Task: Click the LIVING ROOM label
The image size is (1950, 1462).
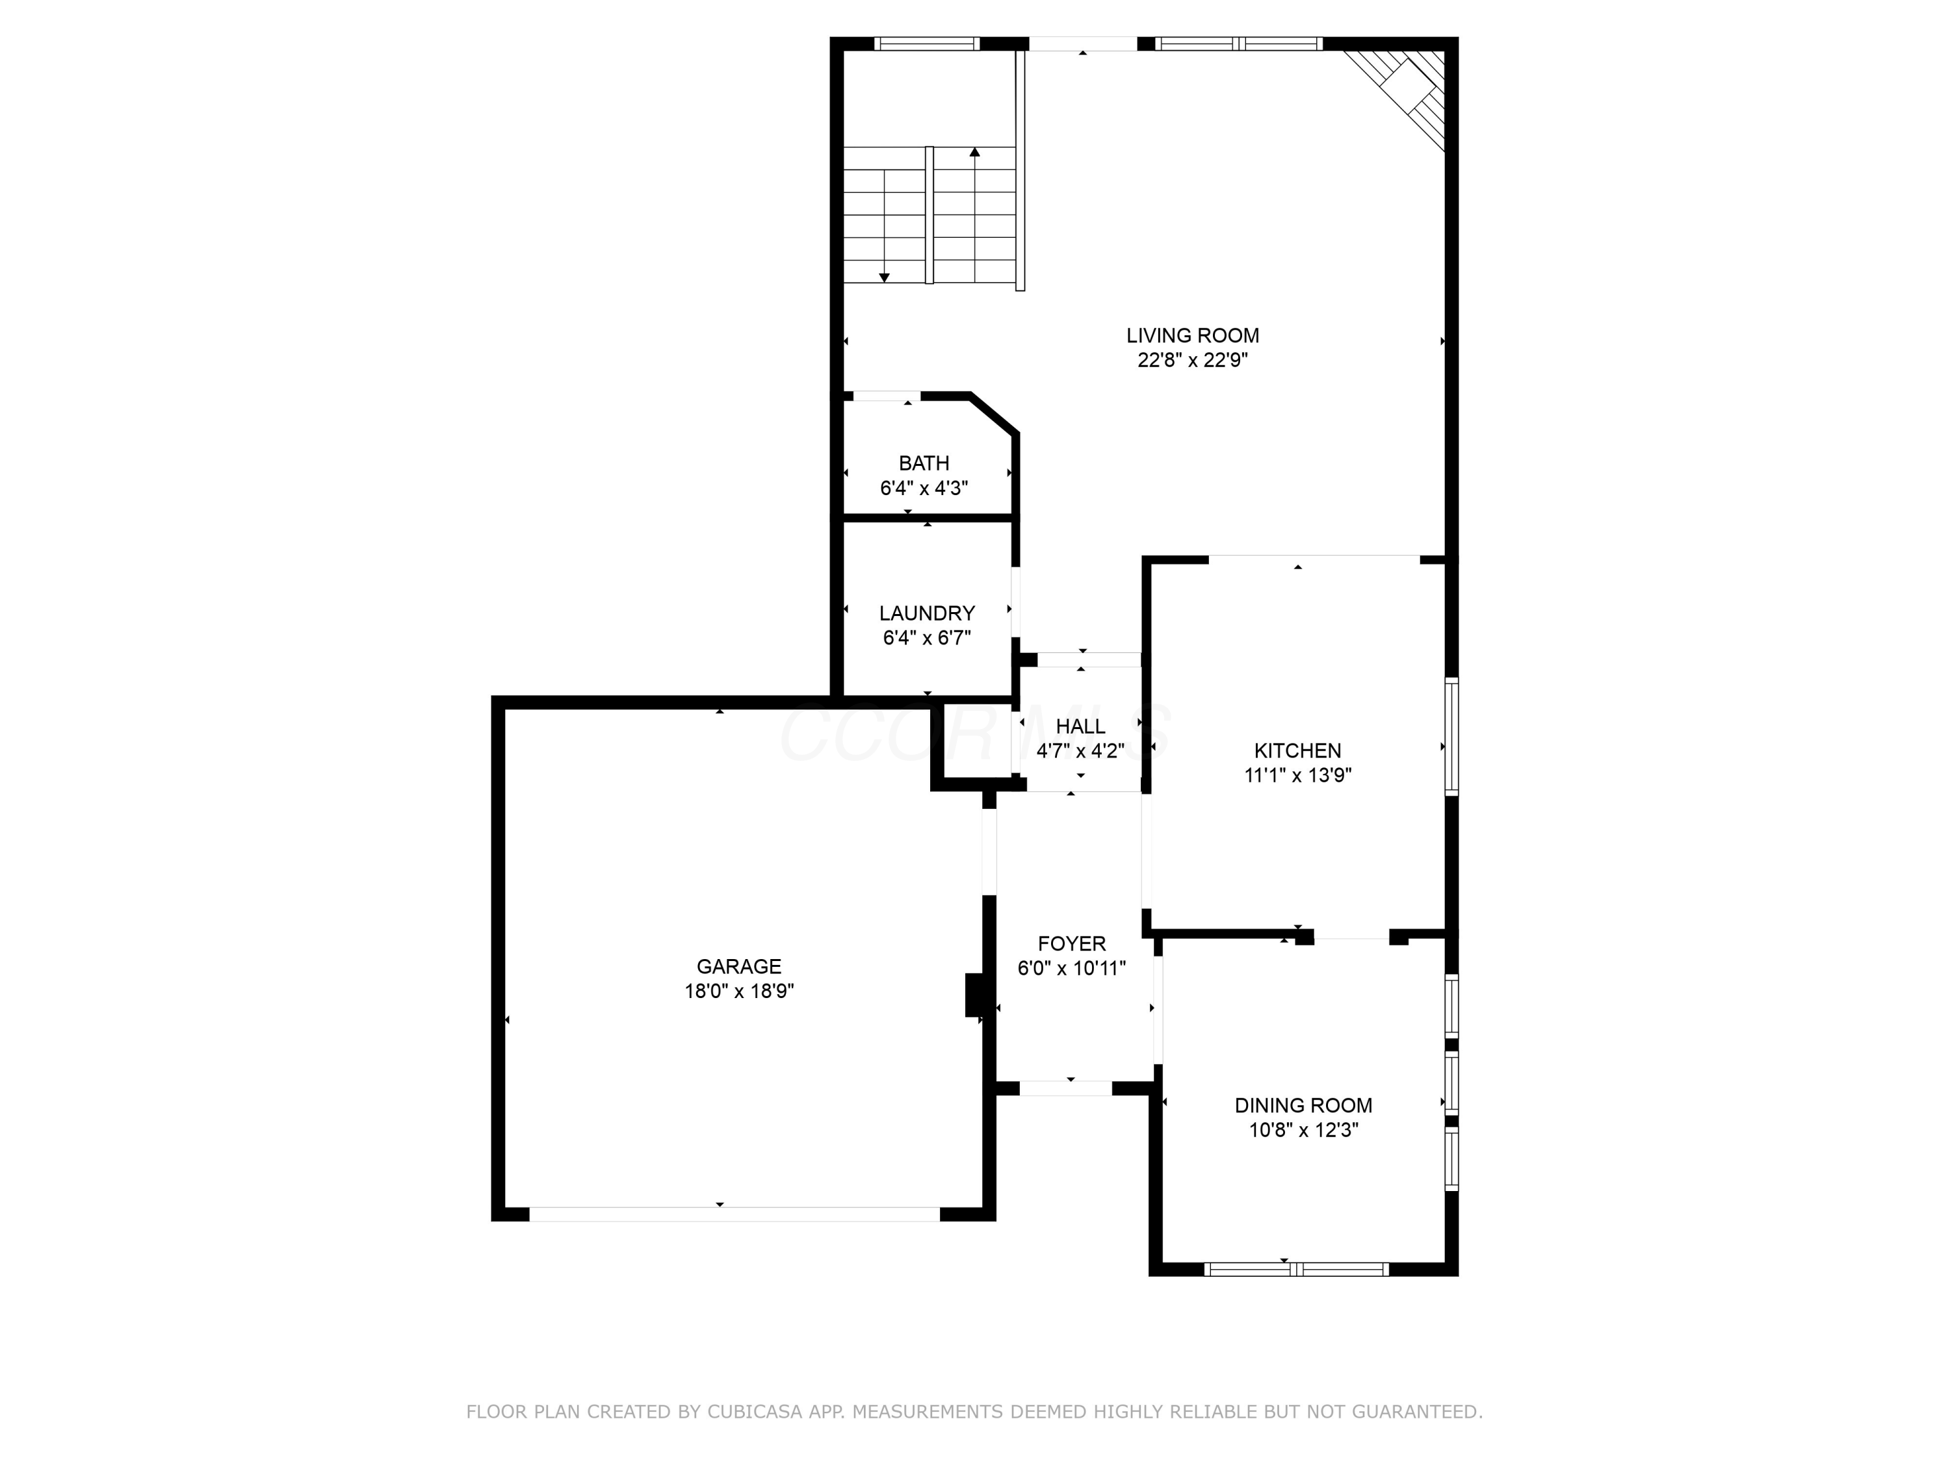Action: [1192, 336]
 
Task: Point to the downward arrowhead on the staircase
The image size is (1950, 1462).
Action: [884, 277]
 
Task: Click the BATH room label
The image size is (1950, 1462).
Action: [924, 463]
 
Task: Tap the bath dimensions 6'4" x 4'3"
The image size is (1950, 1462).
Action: [924, 488]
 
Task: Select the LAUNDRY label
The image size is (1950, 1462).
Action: [926, 613]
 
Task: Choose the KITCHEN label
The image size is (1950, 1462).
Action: [1297, 751]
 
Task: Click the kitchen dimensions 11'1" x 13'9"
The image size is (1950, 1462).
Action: [1297, 775]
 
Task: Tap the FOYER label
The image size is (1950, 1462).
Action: [1071, 944]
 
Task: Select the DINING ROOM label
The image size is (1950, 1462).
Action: [1303, 1105]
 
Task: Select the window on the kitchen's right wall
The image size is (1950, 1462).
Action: [1451, 737]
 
